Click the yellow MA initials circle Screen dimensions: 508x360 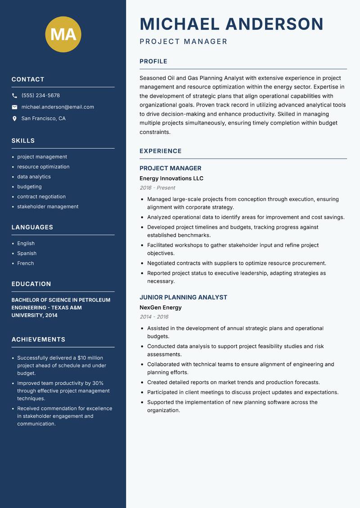63,34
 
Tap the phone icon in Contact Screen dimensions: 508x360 14,96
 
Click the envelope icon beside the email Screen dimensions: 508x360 14,107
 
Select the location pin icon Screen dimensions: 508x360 14,119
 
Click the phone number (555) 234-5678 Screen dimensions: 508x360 40,96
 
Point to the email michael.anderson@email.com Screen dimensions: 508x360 58,107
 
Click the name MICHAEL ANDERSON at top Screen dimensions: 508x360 232,24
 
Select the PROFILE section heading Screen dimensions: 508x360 153,62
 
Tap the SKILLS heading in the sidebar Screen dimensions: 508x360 23,141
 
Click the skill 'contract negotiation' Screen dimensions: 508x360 41,197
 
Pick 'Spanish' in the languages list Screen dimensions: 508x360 27,254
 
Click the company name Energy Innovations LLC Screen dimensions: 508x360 171,178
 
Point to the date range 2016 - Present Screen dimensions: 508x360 157,188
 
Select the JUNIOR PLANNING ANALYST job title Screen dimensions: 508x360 183,298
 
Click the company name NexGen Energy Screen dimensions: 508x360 161,308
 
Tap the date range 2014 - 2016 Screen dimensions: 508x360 154,317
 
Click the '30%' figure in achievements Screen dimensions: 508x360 98,383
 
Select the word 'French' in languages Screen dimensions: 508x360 26,263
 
